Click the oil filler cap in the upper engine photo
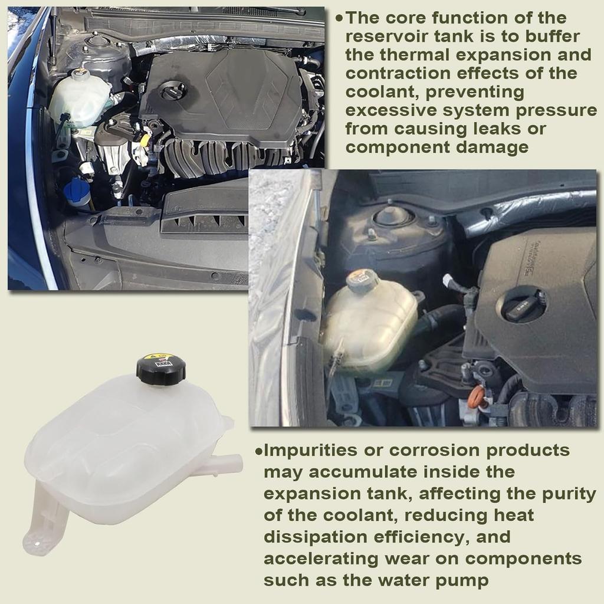coord(173,91)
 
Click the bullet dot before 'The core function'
coord(339,19)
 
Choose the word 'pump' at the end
coord(465,580)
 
